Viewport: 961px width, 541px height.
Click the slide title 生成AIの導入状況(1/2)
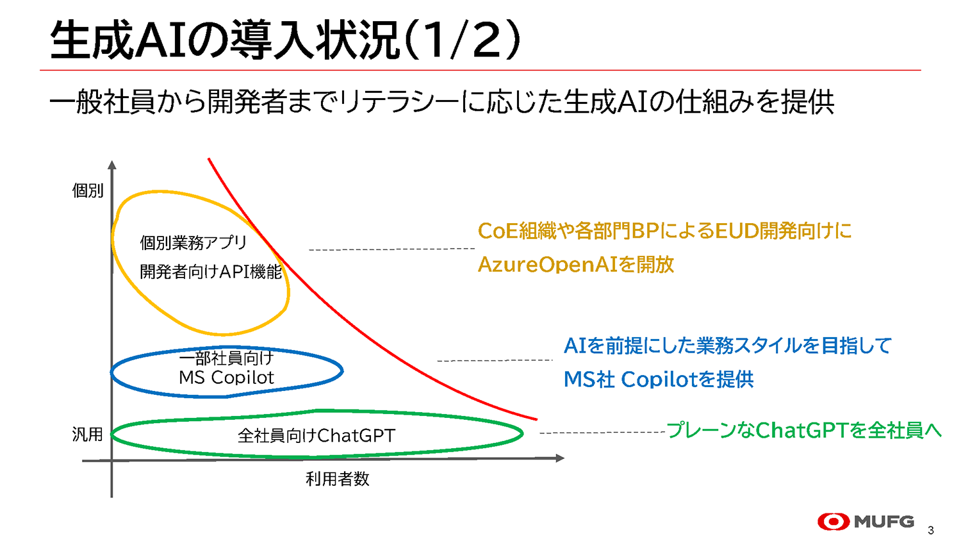coord(285,40)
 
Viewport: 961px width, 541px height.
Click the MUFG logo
coord(866,522)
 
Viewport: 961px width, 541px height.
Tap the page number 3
coord(931,530)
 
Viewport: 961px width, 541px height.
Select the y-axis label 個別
coord(88,190)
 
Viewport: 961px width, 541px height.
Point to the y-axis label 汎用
coord(88,435)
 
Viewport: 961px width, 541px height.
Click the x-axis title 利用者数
coord(338,479)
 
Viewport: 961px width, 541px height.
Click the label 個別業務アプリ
coord(193,243)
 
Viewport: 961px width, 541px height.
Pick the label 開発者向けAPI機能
coord(211,272)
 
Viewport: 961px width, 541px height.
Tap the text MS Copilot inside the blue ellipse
coord(226,378)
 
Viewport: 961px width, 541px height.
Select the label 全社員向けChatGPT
coord(316,436)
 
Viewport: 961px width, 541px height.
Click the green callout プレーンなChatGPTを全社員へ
coord(804,430)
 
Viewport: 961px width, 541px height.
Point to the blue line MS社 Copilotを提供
coord(659,379)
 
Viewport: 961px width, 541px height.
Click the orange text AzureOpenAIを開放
coord(576,264)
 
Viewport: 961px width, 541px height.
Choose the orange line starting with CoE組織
coord(665,231)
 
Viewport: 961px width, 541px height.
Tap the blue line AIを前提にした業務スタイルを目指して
coord(728,346)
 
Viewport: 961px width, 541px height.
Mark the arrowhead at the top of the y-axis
coord(112,165)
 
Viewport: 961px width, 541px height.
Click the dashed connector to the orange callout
coord(391,249)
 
